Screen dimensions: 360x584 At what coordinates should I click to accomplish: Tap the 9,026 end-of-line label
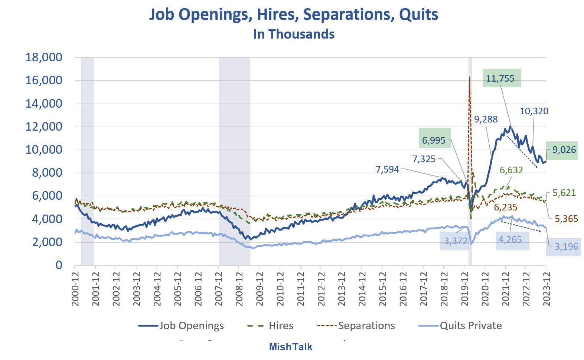pyautogui.click(x=564, y=150)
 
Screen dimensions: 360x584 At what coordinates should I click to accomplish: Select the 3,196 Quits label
pyautogui.click(x=566, y=246)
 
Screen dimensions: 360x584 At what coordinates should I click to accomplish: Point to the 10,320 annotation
pyautogui.click(x=534, y=111)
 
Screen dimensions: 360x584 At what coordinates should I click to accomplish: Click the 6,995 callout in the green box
pyautogui.click(x=434, y=141)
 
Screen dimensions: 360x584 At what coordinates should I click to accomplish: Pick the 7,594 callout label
pyautogui.click(x=387, y=170)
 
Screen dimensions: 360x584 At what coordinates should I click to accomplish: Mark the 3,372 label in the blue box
pyautogui.click(x=456, y=241)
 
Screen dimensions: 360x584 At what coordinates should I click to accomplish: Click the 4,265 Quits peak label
pyautogui.click(x=510, y=240)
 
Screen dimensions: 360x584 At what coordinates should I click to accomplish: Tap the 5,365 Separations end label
pyautogui.click(x=566, y=219)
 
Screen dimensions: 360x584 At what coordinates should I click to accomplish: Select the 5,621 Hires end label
pyautogui.click(x=564, y=193)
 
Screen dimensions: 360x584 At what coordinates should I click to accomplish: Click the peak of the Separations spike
pyautogui.click(x=470, y=77)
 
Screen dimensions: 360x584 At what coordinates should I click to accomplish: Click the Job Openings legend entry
pyautogui.click(x=182, y=326)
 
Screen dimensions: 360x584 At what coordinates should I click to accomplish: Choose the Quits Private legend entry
pyautogui.click(x=460, y=326)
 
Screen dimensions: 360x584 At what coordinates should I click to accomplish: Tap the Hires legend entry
pyautogui.click(x=271, y=326)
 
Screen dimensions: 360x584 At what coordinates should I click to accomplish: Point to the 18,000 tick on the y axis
pyautogui.click(x=43, y=58)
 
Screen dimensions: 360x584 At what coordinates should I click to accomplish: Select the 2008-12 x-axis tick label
pyautogui.click(x=239, y=289)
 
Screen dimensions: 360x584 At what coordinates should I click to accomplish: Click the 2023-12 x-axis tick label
pyautogui.click(x=546, y=289)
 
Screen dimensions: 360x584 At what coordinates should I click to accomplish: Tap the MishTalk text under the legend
pyautogui.click(x=290, y=347)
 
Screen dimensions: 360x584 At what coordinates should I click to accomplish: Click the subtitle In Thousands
pyautogui.click(x=294, y=34)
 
